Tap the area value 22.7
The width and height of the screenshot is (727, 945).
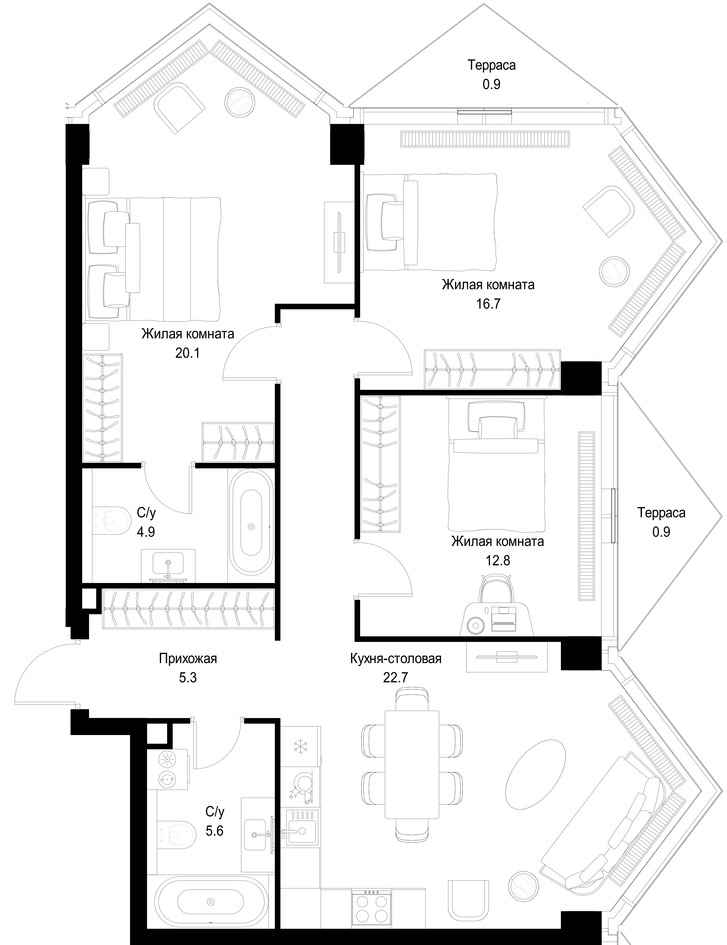(395, 677)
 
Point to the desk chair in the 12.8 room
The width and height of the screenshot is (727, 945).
(497, 589)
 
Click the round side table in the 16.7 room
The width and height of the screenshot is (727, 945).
(614, 271)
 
